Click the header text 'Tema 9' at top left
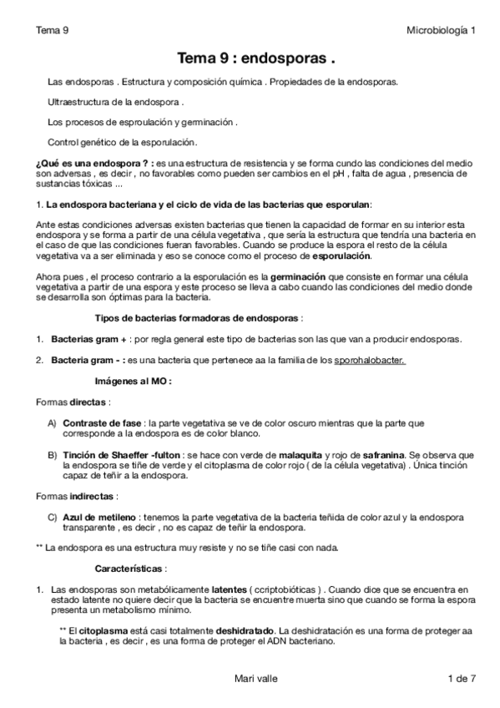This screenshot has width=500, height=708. [x=52, y=31]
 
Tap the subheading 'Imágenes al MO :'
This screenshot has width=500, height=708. [x=134, y=380]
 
